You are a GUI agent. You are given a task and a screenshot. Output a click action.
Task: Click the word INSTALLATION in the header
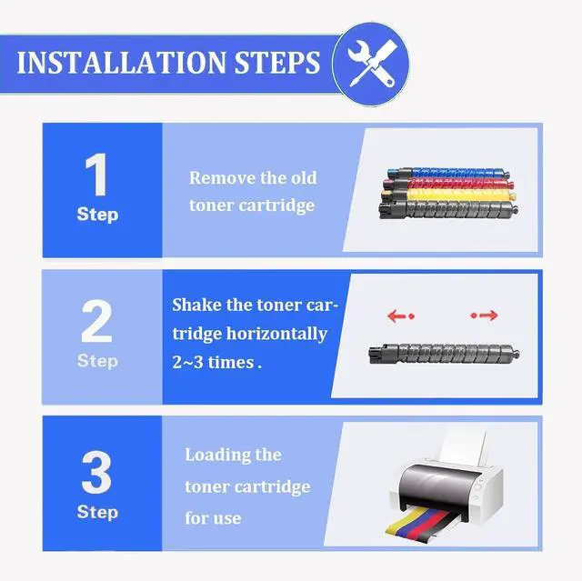click(121, 63)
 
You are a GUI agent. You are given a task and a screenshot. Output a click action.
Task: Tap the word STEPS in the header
click(276, 63)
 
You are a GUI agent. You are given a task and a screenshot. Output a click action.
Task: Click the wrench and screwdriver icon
click(372, 64)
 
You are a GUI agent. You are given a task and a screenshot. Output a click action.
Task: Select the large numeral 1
click(97, 175)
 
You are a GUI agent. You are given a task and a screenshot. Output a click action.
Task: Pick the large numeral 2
click(96, 321)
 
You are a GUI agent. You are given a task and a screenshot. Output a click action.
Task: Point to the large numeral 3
click(96, 472)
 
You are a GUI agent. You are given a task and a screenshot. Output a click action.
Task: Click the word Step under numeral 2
click(97, 361)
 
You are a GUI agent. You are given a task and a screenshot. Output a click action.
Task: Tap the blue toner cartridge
click(448, 173)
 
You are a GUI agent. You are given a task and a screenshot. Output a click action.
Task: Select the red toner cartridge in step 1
click(448, 184)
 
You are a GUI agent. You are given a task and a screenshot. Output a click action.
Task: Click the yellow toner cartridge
click(448, 195)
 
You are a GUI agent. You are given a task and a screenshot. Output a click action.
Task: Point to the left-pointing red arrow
click(400, 316)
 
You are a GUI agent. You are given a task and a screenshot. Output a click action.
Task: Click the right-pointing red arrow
click(485, 316)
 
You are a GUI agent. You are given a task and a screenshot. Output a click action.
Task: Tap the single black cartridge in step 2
click(444, 353)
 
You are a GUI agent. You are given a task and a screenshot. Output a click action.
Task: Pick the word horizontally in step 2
click(276, 335)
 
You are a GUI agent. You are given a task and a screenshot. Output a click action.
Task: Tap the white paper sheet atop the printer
click(463, 448)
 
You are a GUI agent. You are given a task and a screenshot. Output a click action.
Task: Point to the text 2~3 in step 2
click(187, 363)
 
